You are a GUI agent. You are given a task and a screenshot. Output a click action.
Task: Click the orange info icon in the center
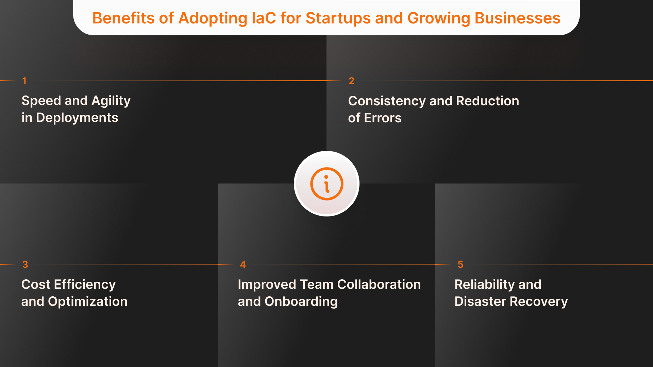[326, 184]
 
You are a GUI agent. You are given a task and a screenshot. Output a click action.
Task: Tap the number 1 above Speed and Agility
[24, 81]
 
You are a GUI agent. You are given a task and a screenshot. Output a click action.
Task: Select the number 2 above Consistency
[351, 81]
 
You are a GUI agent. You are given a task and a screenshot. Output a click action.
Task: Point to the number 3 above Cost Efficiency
[25, 264]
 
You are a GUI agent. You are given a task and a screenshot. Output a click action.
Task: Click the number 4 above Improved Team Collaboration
[243, 264]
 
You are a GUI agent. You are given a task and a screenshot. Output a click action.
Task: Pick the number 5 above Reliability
[460, 264]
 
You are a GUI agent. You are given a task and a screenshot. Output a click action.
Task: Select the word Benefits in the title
[123, 18]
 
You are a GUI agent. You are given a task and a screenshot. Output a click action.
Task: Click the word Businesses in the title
[517, 18]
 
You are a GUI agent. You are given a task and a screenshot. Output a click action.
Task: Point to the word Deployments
[77, 118]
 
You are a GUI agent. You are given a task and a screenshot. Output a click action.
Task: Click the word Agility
[111, 101]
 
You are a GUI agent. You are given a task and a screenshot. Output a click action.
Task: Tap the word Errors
[383, 118]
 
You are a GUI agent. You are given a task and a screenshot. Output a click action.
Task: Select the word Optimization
[88, 301]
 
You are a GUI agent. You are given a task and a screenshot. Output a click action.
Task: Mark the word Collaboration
[379, 284]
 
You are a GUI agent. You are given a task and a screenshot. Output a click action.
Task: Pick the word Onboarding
[301, 301]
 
